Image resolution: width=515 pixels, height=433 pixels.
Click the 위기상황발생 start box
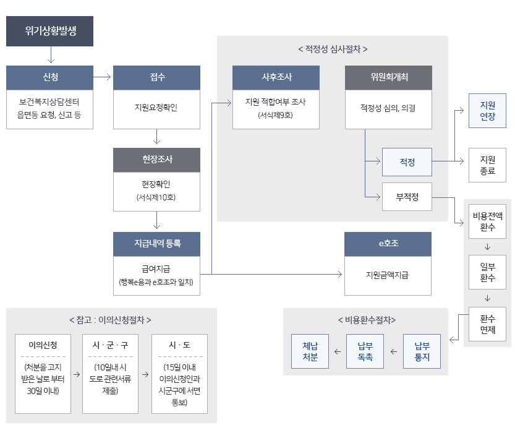click(50, 31)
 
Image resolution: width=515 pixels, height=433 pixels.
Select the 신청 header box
click(50, 77)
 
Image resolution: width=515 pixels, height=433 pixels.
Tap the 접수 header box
click(157, 77)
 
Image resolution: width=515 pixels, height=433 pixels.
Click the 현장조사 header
click(157, 160)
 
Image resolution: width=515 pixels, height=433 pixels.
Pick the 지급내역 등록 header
click(157, 244)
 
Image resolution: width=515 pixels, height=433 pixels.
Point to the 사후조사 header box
click(276, 77)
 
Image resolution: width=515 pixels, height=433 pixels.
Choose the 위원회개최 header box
click(388, 77)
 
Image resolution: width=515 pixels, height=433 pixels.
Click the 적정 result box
click(407, 162)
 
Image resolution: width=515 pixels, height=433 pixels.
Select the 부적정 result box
click(407, 197)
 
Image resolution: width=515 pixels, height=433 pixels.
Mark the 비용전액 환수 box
click(488, 221)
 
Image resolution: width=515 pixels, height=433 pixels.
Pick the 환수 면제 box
click(488, 324)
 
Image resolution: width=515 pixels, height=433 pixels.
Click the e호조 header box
click(388, 244)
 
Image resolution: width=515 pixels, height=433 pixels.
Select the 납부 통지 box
click(422, 351)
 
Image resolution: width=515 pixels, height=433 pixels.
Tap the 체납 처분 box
click(310, 351)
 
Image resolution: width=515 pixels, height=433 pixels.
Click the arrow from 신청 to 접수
click(103, 77)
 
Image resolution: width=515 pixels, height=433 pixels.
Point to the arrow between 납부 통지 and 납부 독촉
click(394, 351)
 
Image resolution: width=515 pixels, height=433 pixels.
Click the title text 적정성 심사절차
click(333, 48)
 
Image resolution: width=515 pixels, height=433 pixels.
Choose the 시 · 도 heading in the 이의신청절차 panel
click(179, 344)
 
